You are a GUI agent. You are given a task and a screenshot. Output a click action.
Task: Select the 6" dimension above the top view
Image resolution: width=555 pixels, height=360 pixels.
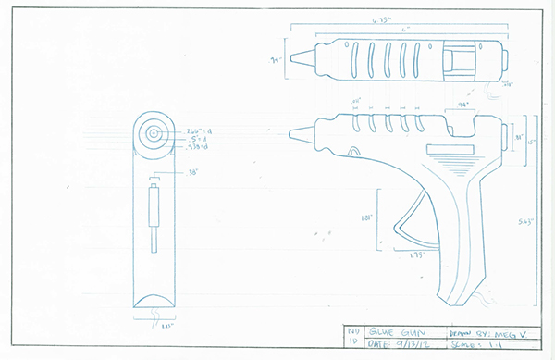403,31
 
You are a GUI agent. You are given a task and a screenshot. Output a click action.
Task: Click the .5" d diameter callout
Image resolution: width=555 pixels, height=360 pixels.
195,139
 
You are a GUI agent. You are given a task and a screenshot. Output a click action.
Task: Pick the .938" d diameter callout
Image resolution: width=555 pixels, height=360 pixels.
197,147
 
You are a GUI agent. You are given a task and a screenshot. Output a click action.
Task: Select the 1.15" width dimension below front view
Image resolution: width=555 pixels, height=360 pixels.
154,326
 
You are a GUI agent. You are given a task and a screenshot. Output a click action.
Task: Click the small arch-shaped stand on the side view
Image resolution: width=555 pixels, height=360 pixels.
352,149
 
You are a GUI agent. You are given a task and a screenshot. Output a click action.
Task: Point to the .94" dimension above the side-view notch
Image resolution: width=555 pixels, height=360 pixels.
459,106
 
